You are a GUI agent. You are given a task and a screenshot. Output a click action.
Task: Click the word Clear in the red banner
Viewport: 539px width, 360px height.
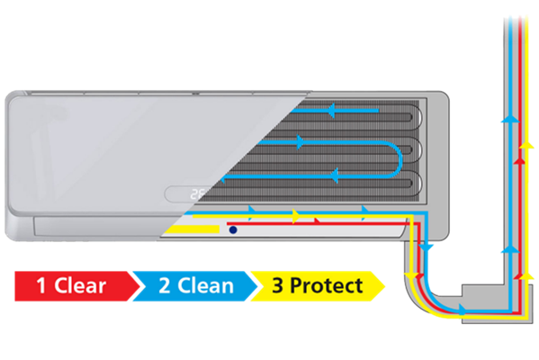pyautogui.click(x=80, y=285)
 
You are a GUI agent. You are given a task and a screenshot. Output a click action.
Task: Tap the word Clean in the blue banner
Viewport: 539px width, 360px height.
pyautogui.click(x=205, y=285)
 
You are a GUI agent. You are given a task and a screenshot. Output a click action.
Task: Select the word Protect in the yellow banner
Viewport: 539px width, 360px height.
pyautogui.click(x=327, y=285)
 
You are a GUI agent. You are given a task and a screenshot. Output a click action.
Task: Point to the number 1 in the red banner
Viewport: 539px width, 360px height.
pyautogui.click(x=41, y=285)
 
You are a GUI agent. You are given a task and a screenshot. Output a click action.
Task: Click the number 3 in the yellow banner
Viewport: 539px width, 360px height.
pyautogui.click(x=277, y=285)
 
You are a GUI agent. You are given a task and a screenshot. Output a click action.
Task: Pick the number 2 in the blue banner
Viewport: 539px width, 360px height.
pyautogui.click(x=165, y=285)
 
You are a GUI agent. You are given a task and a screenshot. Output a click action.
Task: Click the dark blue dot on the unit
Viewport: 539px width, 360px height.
pyautogui.click(x=233, y=229)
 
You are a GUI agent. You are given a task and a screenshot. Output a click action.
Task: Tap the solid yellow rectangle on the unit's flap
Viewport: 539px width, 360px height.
pyautogui.click(x=192, y=229)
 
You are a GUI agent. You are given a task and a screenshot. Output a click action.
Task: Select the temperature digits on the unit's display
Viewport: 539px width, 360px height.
pyautogui.click(x=198, y=194)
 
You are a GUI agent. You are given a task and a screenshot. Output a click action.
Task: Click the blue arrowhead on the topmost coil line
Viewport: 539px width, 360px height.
pyautogui.click(x=331, y=111)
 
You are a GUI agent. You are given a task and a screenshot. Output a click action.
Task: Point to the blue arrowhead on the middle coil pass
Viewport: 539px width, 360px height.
pyautogui.click(x=301, y=142)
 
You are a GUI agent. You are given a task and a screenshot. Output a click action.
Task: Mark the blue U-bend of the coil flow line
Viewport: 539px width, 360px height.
pyautogui.click(x=395, y=160)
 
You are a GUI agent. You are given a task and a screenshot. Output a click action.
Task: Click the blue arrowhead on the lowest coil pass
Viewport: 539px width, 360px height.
pyautogui.click(x=334, y=175)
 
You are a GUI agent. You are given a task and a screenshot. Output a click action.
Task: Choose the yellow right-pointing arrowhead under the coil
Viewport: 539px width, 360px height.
pyautogui.click(x=296, y=216)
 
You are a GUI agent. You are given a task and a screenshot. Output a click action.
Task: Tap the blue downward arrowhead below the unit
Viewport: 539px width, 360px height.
pyautogui.click(x=427, y=247)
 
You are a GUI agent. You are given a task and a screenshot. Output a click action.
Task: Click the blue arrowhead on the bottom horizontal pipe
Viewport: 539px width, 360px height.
pyautogui.click(x=463, y=310)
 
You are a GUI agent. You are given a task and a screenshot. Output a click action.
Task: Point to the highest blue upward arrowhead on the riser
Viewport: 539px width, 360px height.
pyautogui.click(x=510, y=119)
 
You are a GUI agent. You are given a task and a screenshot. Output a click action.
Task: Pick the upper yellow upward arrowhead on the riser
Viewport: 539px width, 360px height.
pyautogui.click(x=526, y=145)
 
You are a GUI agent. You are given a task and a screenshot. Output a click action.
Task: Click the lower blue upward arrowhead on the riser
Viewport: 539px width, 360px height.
pyautogui.click(x=510, y=249)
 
